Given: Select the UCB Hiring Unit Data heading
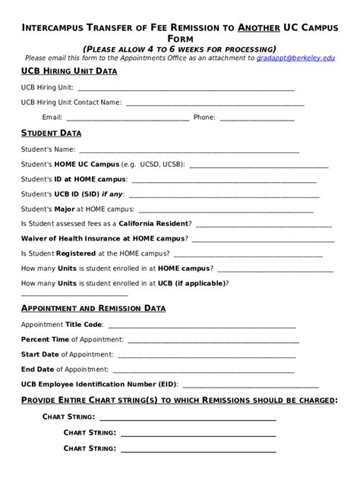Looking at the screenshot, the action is pos(68,71).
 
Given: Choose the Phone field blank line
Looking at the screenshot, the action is pos(257,119).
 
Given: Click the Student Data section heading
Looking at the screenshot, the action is pos(55,133).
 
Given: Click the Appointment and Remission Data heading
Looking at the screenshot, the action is pos(93,308).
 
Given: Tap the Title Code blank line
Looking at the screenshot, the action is pos(200,326).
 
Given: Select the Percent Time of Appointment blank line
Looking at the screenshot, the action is pos(213,341).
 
